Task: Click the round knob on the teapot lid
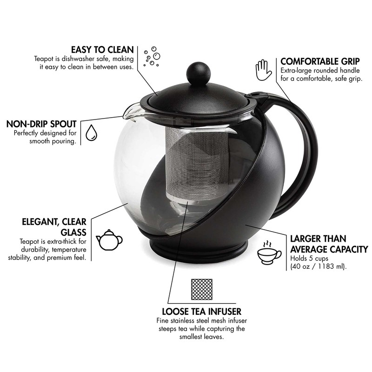198,73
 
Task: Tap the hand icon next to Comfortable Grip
263,70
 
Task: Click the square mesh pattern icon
201,290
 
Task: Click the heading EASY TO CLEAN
102,50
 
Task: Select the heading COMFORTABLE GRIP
320,61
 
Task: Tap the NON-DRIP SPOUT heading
41,124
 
